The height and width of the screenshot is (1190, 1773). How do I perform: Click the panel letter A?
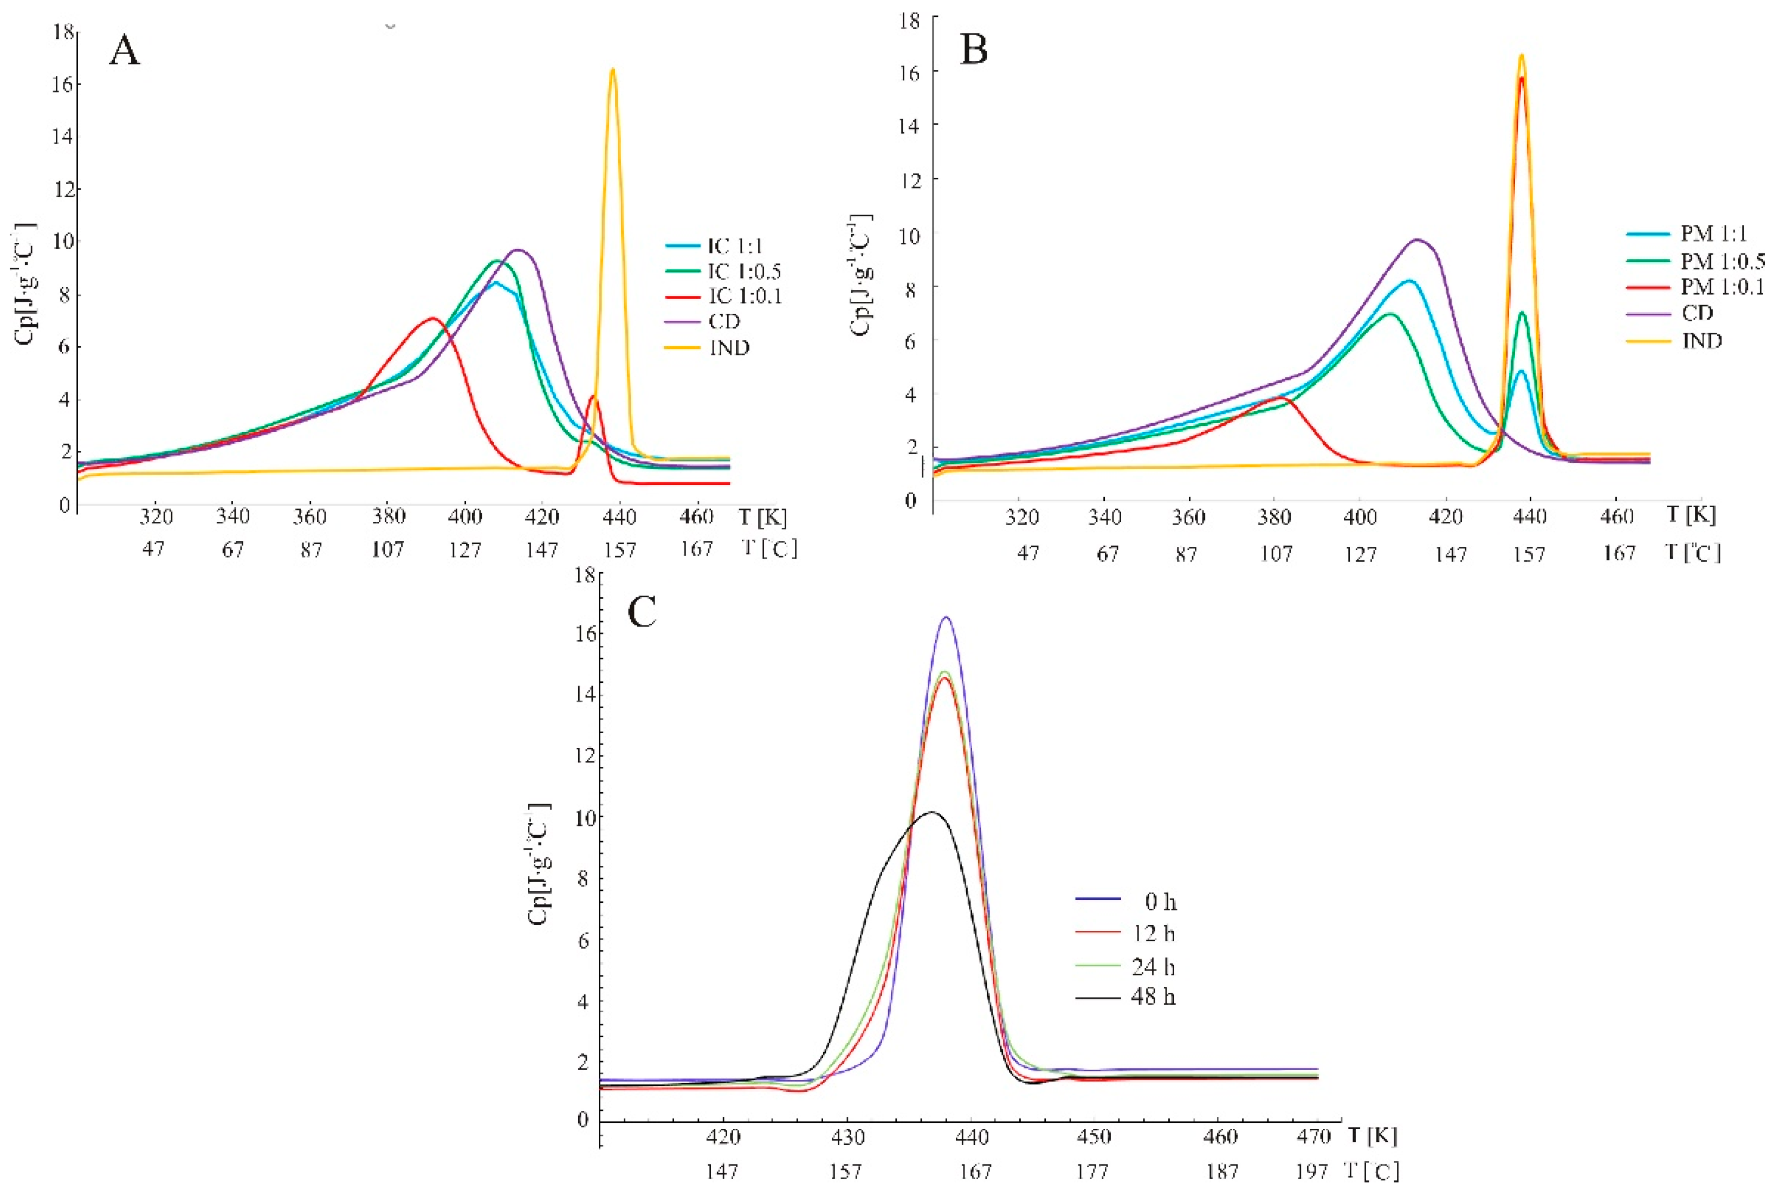point(125,51)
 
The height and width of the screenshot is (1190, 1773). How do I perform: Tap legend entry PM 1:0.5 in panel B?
point(1720,261)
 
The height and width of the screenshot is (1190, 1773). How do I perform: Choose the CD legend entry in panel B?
point(1698,313)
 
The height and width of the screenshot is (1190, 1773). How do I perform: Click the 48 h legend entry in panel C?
point(1153,997)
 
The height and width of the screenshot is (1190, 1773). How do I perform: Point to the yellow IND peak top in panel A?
point(612,70)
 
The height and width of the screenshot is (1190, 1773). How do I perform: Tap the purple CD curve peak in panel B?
point(1416,240)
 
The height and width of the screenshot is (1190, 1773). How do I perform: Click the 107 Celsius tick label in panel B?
point(1276,554)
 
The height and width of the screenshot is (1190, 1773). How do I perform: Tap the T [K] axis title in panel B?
point(1691,515)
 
